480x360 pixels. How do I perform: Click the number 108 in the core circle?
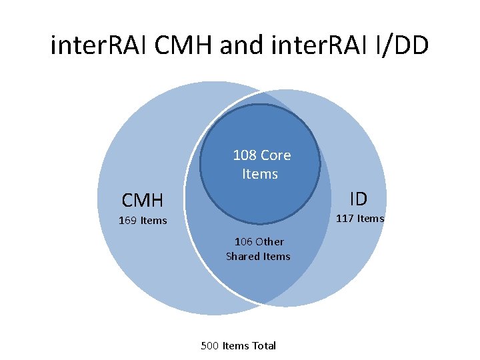(245, 155)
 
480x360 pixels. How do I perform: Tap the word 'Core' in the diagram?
(276, 155)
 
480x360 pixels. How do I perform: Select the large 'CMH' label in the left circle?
(142, 199)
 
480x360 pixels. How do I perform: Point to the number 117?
(344, 218)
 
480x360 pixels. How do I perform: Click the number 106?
(243, 241)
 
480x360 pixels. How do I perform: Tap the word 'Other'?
(269, 241)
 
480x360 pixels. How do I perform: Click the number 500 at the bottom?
(209, 345)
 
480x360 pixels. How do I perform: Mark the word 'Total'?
(263, 345)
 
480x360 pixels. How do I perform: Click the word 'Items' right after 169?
(154, 221)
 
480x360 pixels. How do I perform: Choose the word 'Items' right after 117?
(370, 218)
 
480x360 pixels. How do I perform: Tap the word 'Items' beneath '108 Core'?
(259, 174)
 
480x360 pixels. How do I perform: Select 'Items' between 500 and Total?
(235, 345)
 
